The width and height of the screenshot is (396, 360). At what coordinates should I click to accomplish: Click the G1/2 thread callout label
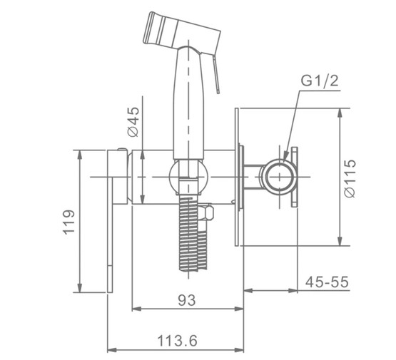320,81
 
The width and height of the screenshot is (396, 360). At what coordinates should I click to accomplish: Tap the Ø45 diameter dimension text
133,122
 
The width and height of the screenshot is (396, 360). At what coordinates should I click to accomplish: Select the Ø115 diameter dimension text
350,178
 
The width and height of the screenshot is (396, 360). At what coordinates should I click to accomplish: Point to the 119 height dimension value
68,222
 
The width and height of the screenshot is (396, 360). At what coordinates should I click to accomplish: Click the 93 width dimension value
187,300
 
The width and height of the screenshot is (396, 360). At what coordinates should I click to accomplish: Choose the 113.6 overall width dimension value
177,341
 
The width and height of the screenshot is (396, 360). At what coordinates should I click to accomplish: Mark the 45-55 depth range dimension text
327,282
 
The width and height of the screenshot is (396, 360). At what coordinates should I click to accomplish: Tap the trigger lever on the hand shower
216,75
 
